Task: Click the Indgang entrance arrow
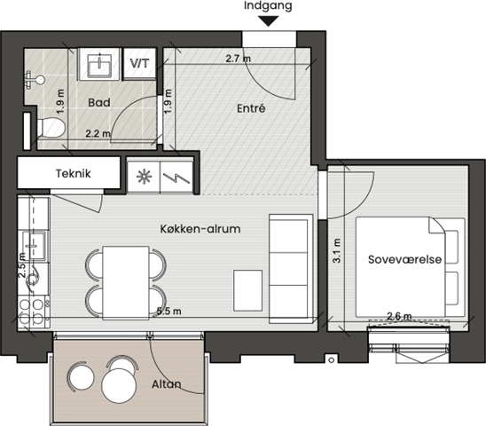(x=269, y=21)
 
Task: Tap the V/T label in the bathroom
(x=139, y=63)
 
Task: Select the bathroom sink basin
(x=99, y=65)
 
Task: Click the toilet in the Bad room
(x=51, y=127)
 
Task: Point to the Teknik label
(x=73, y=173)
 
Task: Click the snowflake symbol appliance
(x=145, y=177)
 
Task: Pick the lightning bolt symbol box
(x=176, y=177)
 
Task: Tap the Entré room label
(x=251, y=108)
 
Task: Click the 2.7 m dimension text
(x=238, y=58)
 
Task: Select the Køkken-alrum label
(x=200, y=229)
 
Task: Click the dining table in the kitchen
(x=126, y=282)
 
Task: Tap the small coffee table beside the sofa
(x=247, y=290)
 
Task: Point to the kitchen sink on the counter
(x=36, y=246)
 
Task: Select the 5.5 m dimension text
(x=169, y=311)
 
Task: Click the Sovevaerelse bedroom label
(x=404, y=259)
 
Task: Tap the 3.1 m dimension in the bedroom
(x=337, y=250)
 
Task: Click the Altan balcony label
(x=167, y=384)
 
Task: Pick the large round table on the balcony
(x=119, y=386)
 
